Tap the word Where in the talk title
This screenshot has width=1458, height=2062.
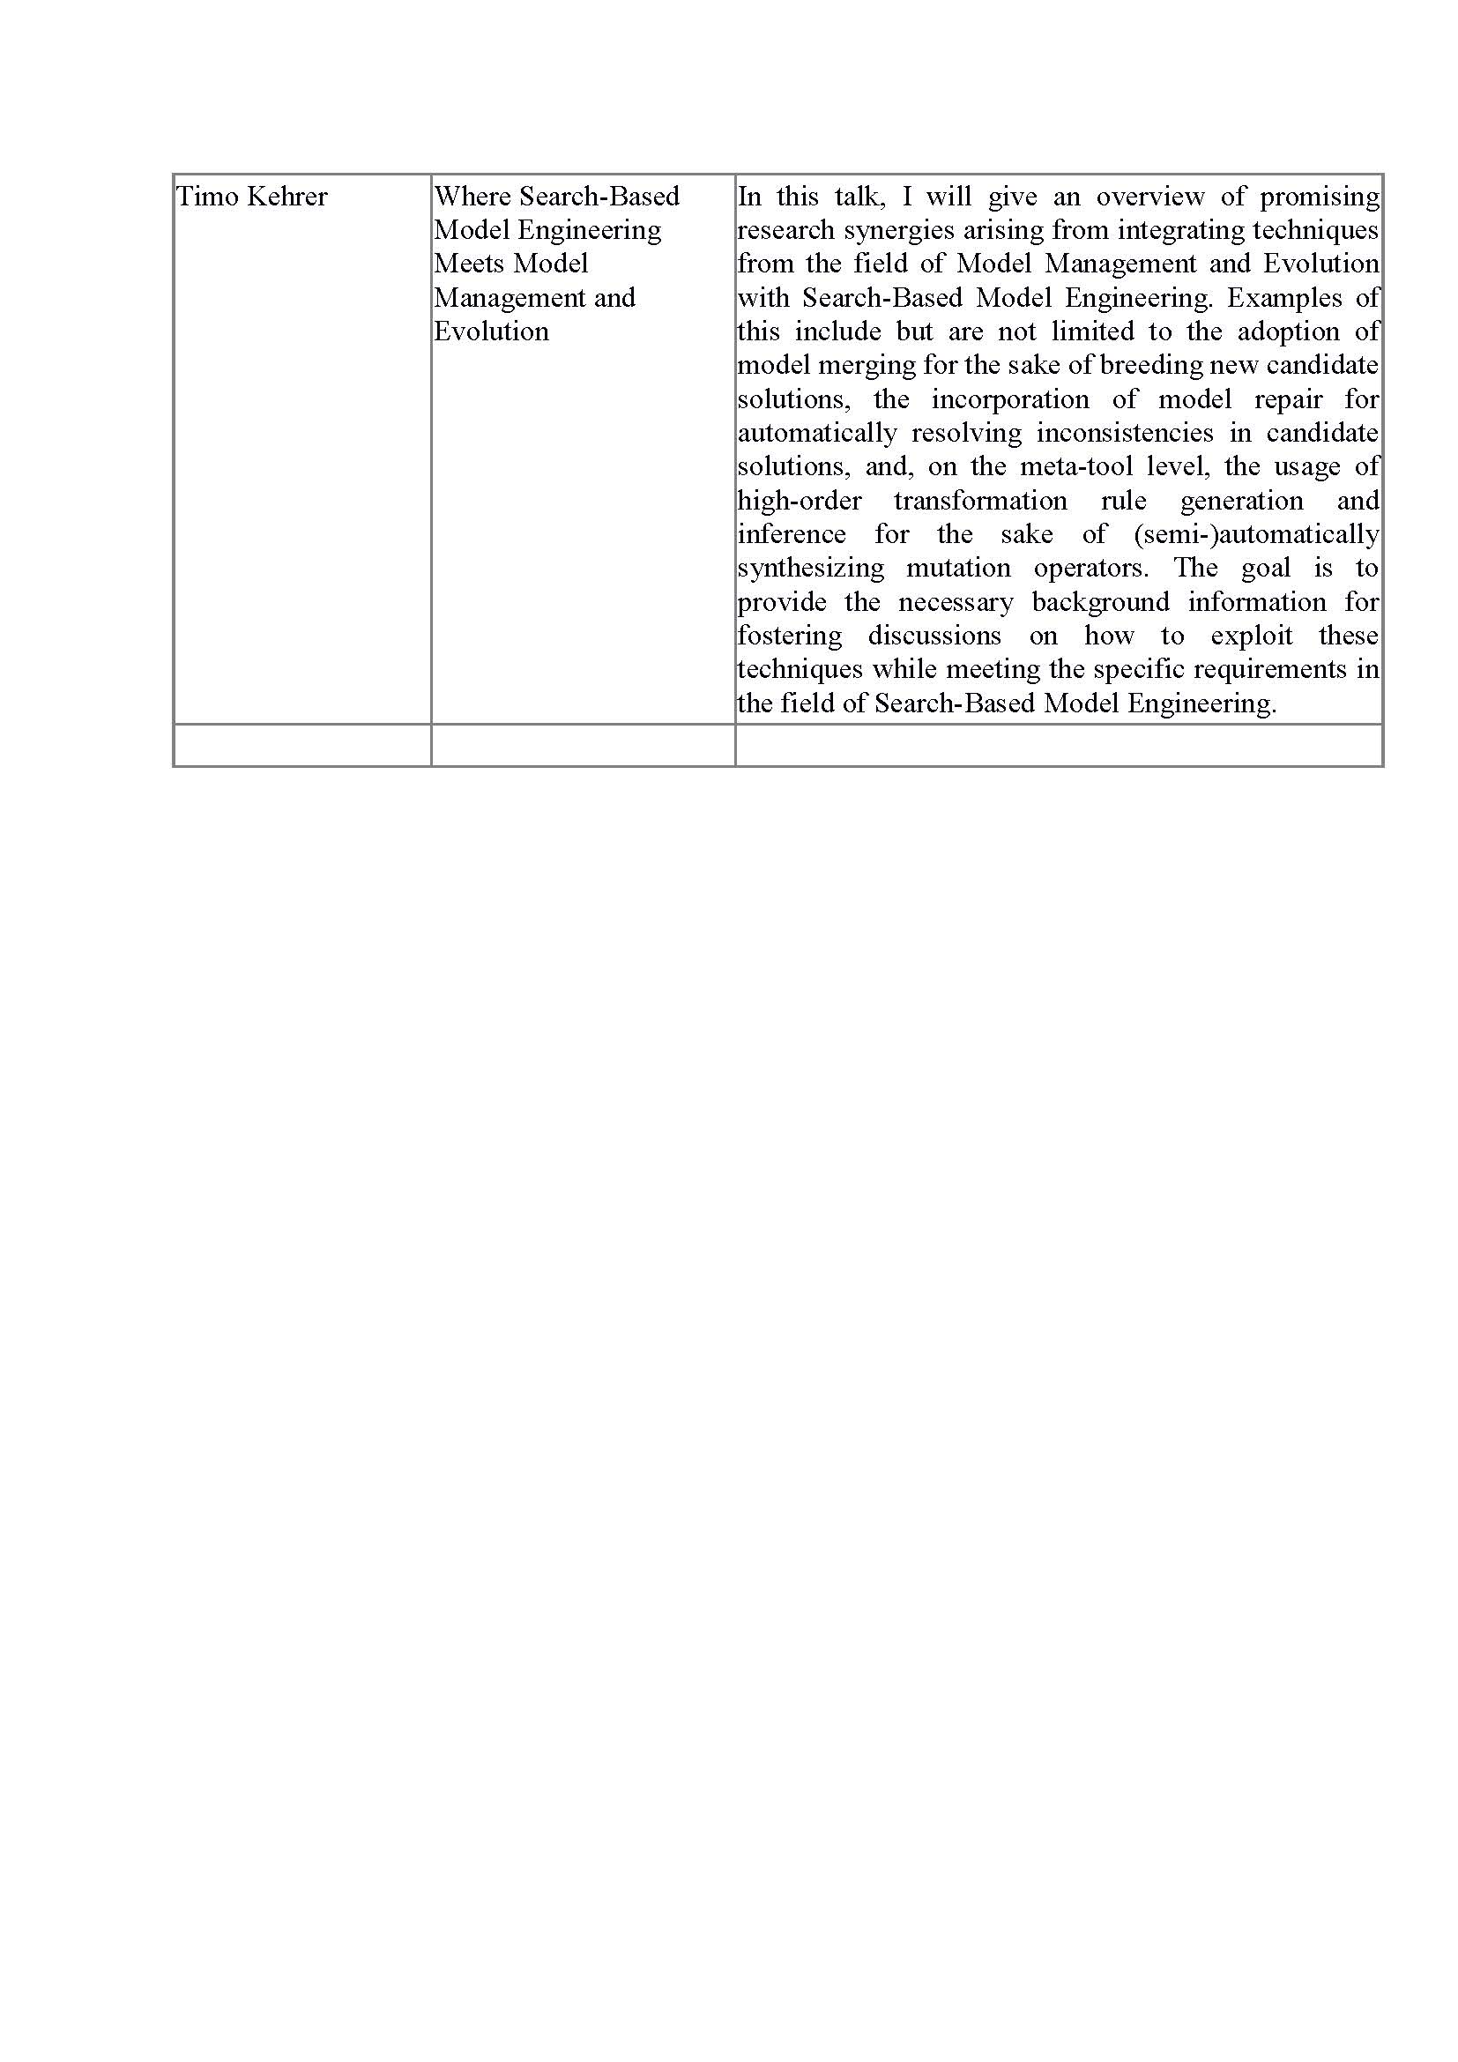click(x=472, y=197)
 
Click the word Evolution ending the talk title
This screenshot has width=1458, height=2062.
click(x=491, y=331)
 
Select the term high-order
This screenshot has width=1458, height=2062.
click(x=799, y=501)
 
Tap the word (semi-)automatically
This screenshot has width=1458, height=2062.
click(x=1256, y=534)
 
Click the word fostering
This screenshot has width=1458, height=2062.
click(x=790, y=636)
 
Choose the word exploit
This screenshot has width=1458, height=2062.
click(x=1252, y=636)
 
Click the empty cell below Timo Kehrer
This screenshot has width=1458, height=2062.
click(x=301, y=746)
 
